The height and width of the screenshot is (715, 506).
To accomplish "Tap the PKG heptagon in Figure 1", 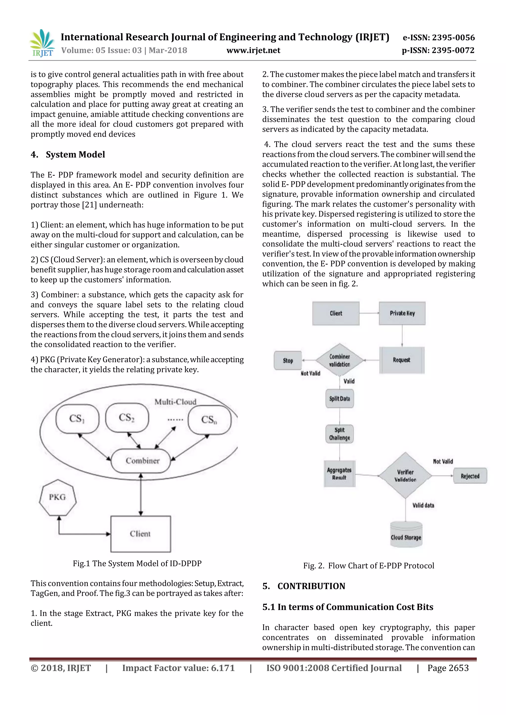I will (x=58, y=497).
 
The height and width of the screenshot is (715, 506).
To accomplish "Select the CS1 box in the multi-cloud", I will (x=77, y=419).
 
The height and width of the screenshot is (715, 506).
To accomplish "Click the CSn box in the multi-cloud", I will (x=209, y=420).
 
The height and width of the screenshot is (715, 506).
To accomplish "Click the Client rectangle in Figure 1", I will (x=141, y=534).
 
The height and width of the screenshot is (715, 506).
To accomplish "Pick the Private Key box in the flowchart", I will (x=402, y=313).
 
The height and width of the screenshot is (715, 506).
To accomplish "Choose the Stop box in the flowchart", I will (x=288, y=361).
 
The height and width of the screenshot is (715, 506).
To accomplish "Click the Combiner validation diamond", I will (x=340, y=360).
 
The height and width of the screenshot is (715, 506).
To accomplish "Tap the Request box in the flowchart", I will (x=402, y=360).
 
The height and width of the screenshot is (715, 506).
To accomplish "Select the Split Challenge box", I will (x=340, y=434).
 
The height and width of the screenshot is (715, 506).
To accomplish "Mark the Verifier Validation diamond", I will (x=405, y=476).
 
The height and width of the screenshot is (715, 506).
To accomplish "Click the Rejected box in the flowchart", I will (x=470, y=476).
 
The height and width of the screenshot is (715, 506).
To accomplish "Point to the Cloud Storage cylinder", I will (x=406, y=535).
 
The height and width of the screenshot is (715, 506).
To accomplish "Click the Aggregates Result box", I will (x=339, y=474).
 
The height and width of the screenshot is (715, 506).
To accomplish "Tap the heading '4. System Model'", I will (x=68, y=155).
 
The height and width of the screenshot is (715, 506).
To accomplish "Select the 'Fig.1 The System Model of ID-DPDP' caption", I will (x=137, y=563).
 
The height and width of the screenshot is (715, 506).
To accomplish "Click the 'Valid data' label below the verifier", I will (x=423, y=505).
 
